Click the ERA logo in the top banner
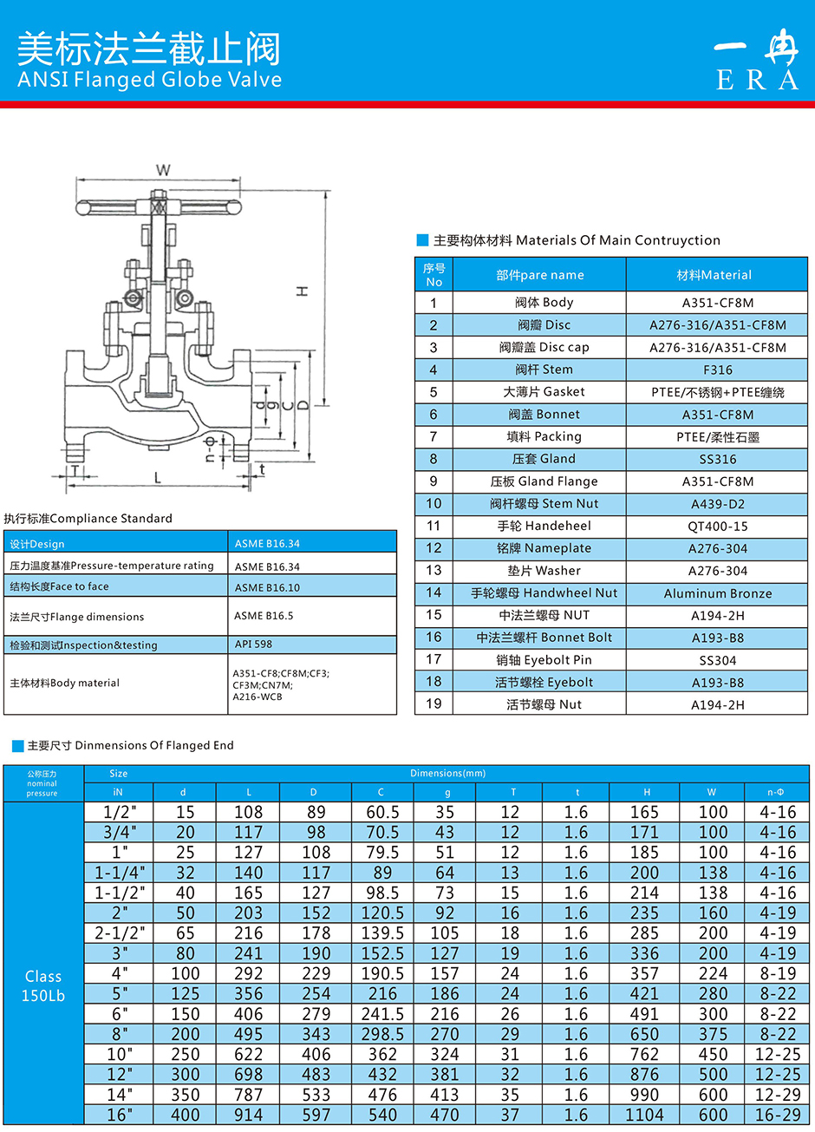756,61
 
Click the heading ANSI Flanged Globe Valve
149,80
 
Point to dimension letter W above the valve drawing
163,170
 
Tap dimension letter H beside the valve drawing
303,291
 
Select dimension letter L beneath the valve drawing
157,478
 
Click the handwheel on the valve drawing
158,207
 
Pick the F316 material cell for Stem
717,370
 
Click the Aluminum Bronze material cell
717,593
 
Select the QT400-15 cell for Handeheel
717,527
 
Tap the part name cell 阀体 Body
544,303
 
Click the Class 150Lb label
43,986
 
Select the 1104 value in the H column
644,1115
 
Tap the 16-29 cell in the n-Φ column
777,1115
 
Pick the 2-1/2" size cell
120,933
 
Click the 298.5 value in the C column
382,1034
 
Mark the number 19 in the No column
434,703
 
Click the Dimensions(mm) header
447,773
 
